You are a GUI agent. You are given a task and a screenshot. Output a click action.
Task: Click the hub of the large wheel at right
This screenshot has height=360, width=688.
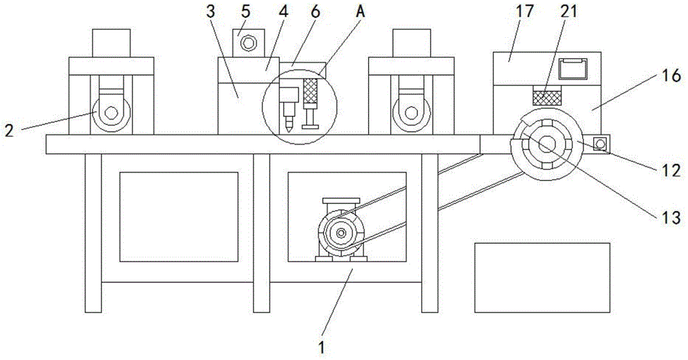tap(547, 145)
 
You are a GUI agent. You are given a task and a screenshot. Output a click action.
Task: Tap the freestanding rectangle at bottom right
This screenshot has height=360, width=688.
tap(542, 277)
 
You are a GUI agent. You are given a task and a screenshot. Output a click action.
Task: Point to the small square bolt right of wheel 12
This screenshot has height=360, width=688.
tap(600, 144)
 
